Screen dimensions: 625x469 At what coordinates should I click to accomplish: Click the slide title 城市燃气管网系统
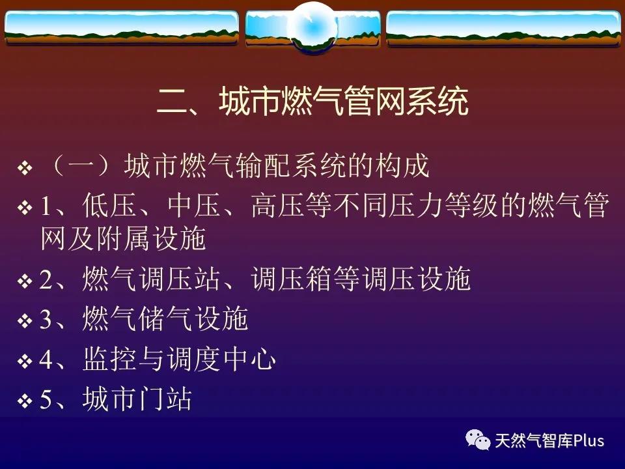click(344, 102)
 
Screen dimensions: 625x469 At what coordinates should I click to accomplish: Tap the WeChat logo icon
click(478, 440)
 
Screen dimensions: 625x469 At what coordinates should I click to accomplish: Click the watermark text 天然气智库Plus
click(549, 440)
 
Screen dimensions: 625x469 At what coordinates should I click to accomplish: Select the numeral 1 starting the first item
click(46, 206)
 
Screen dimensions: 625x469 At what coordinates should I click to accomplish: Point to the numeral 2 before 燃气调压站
click(46, 279)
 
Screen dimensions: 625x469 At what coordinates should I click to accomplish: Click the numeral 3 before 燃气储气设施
click(46, 319)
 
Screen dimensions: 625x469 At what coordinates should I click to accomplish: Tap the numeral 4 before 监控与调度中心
click(46, 359)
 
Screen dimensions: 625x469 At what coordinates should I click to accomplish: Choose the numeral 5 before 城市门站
click(46, 399)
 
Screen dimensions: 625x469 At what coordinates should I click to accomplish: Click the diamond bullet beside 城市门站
click(25, 401)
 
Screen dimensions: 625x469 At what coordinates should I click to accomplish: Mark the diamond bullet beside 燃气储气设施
click(25, 320)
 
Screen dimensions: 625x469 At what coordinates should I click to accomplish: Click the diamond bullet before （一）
click(25, 168)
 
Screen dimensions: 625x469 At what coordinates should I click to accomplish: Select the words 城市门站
click(137, 399)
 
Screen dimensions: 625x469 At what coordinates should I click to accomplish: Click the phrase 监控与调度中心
click(180, 359)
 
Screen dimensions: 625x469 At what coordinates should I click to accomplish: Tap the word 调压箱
click(290, 279)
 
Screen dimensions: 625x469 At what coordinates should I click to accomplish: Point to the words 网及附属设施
click(123, 238)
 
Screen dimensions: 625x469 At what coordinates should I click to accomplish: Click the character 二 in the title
click(172, 102)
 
